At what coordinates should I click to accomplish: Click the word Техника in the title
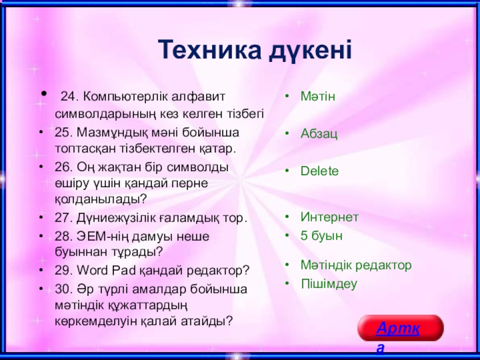(209, 50)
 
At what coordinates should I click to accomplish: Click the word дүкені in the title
(311, 50)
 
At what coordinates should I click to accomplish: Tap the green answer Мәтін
(318, 97)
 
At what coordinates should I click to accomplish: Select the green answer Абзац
(319, 134)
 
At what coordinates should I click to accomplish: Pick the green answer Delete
(320, 171)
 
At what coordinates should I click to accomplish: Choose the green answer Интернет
(329, 217)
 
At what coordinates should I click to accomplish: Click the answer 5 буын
(322, 236)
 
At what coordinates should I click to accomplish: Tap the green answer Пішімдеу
(329, 284)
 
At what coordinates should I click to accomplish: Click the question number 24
(70, 97)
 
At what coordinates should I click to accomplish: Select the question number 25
(64, 133)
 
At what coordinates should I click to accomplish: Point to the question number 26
(64, 167)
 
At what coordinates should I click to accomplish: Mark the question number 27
(64, 218)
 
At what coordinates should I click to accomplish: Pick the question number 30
(64, 289)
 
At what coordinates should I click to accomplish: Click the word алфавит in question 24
(198, 97)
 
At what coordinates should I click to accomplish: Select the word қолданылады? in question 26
(101, 200)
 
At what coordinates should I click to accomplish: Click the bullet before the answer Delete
(287, 170)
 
